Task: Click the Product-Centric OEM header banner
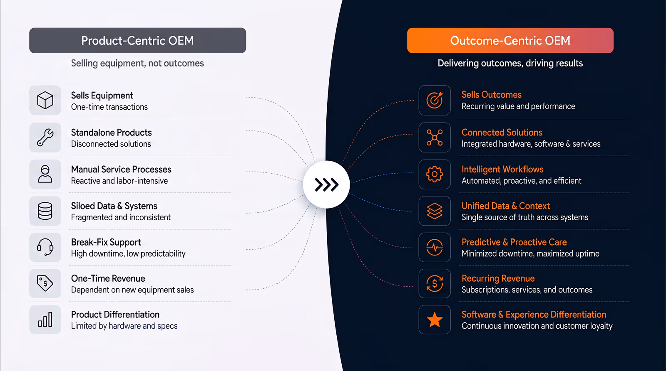138,40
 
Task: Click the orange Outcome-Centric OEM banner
510,40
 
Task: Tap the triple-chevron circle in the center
326,184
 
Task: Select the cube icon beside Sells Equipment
45,100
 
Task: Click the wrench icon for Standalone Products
45,138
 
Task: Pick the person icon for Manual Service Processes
45,174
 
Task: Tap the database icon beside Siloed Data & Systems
45,211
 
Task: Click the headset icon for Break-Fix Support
45,247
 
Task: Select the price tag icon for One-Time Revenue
45,283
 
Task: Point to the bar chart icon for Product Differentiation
45,319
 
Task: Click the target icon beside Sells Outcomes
435,100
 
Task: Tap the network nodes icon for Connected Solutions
435,138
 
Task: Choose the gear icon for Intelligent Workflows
435,174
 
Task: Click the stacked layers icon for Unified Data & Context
435,211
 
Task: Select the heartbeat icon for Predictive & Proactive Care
435,247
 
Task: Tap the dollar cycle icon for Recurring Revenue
435,283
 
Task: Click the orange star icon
435,319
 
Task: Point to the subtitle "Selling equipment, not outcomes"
137,63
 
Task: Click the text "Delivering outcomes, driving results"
510,63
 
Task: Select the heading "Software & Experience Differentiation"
534,314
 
